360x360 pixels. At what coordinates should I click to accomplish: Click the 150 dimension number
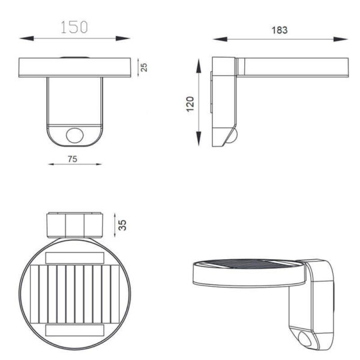[x=74, y=27]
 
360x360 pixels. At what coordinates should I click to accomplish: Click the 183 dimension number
[x=280, y=30]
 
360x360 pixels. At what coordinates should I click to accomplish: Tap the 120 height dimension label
[x=190, y=104]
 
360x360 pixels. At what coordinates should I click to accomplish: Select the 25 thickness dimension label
[x=144, y=67]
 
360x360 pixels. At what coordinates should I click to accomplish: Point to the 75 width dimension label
[x=73, y=159]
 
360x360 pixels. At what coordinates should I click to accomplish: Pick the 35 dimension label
[x=122, y=225]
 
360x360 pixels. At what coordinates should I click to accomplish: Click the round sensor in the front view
[x=75, y=135]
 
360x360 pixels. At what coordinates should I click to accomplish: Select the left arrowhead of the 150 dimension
[x=26, y=38]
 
